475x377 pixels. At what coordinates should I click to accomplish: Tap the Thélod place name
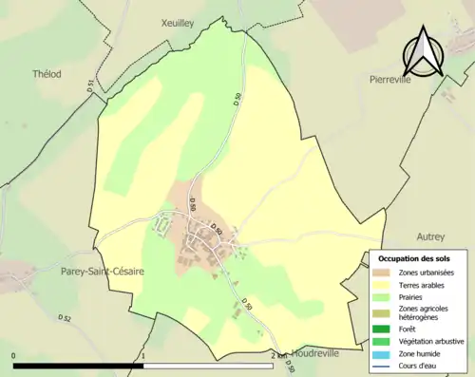point(46,73)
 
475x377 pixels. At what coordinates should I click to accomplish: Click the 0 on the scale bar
point(14,356)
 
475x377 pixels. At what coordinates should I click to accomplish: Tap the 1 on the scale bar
point(142,356)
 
